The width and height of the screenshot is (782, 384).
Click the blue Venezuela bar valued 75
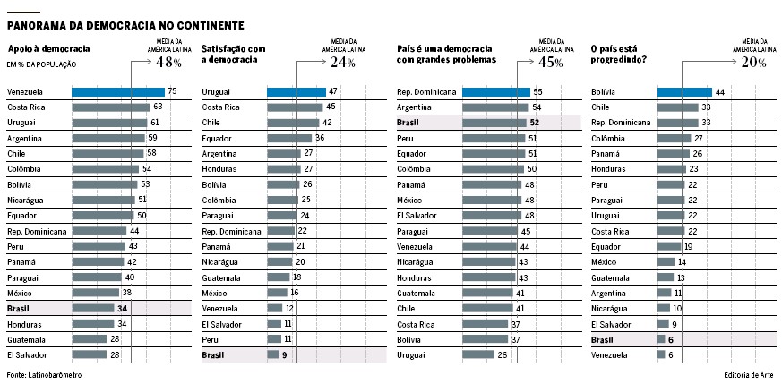[117, 91]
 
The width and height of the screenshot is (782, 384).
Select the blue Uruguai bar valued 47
[296, 91]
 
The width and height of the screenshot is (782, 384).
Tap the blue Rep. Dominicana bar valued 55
[495, 91]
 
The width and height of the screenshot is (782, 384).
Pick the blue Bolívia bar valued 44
[684, 91]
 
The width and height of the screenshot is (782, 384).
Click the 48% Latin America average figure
[168, 63]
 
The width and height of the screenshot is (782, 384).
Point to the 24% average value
[343, 63]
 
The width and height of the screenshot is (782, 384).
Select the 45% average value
[550, 63]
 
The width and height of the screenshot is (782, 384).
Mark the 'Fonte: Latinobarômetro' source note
[44, 375]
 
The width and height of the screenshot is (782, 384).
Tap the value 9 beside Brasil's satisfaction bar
[284, 355]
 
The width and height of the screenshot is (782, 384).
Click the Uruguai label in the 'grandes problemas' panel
[412, 355]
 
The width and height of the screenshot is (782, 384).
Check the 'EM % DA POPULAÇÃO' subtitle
[41, 65]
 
